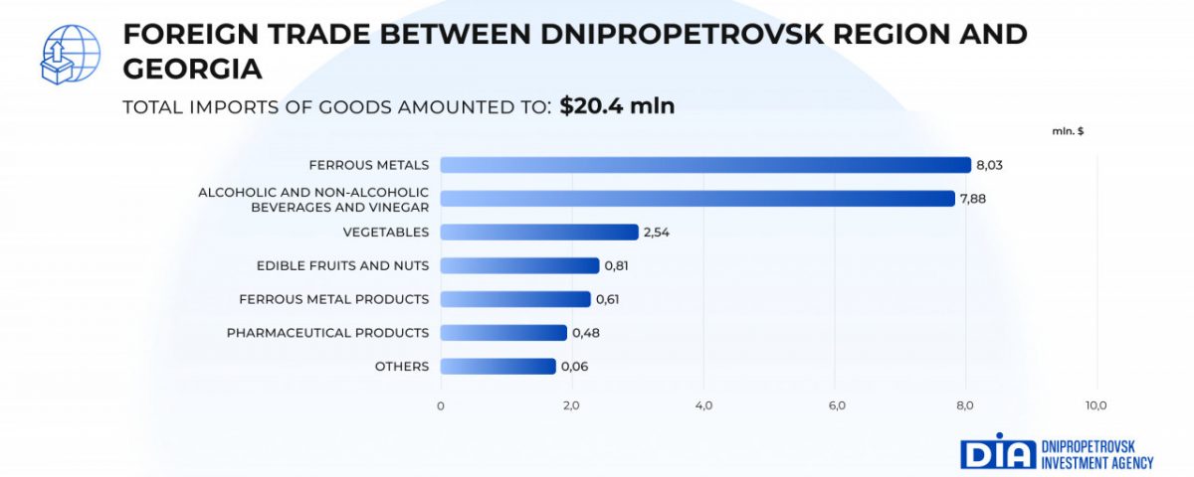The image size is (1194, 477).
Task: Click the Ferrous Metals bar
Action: (x=704, y=165)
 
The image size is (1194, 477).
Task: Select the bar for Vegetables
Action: (x=538, y=232)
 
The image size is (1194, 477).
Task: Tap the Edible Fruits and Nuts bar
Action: (x=519, y=265)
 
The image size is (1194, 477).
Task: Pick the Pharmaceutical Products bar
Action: (x=502, y=333)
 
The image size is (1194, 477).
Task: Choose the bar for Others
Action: (x=497, y=367)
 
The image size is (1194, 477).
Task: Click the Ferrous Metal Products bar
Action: (x=514, y=299)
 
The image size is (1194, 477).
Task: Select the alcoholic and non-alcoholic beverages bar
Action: (x=696, y=198)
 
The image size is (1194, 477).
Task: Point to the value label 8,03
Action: (x=989, y=165)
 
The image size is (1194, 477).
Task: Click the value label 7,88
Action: (x=971, y=199)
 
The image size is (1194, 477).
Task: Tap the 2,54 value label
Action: (x=657, y=233)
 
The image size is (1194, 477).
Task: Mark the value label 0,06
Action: (x=574, y=367)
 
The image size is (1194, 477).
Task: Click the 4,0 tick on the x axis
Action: (x=703, y=405)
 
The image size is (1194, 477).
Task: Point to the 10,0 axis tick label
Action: (x=1095, y=405)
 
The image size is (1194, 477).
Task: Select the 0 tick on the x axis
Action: (x=441, y=405)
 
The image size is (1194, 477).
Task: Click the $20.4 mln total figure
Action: (x=617, y=105)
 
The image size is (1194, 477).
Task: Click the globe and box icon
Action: (x=68, y=55)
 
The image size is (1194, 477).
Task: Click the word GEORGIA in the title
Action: (x=192, y=69)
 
